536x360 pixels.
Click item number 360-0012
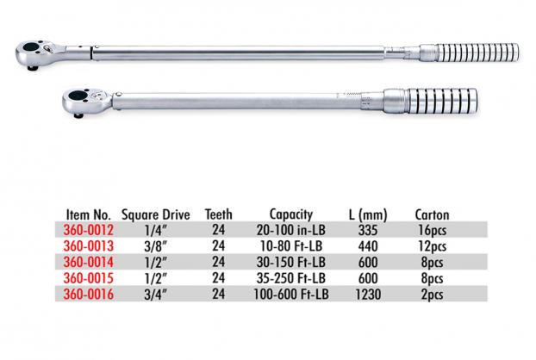(88, 230)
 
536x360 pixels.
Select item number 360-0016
(88, 294)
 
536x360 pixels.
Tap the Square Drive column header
(155, 214)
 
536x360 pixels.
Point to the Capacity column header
(291, 214)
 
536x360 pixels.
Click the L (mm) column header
(368, 214)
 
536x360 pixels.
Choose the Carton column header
(432, 214)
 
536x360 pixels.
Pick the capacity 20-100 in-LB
(291, 230)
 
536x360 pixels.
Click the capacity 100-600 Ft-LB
(291, 294)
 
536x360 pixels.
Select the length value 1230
(368, 294)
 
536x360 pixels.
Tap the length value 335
(368, 230)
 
